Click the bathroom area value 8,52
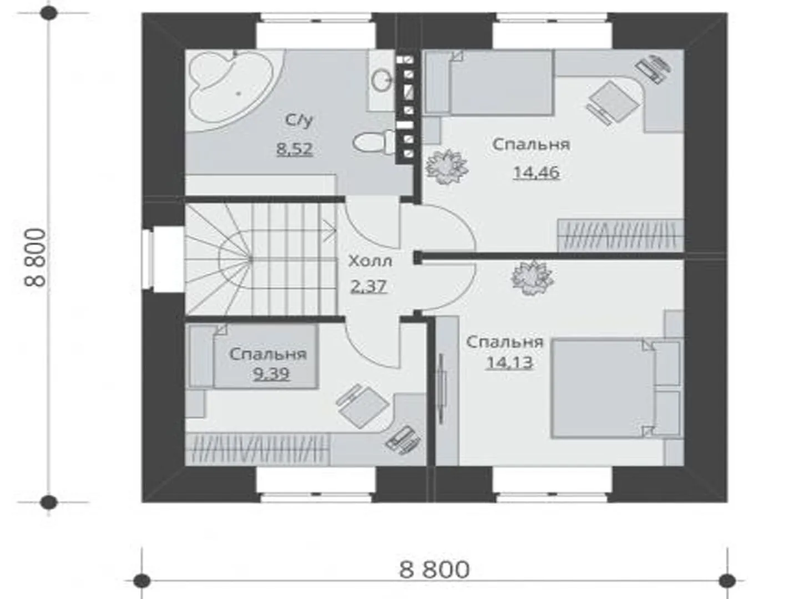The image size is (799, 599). tap(295, 149)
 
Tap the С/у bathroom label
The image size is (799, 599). tap(299, 120)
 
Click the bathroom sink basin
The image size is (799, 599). tap(382, 80)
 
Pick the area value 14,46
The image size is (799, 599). tap(536, 172)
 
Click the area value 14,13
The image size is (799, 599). tap(509, 363)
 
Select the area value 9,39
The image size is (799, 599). tap(271, 374)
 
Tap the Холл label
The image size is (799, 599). tap(370, 261)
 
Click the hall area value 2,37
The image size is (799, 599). tap(368, 287)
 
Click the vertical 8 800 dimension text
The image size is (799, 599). tap(36, 257)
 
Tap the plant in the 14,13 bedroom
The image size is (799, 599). tap(532, 278)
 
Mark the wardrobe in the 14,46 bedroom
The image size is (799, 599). tap(620, 235)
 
